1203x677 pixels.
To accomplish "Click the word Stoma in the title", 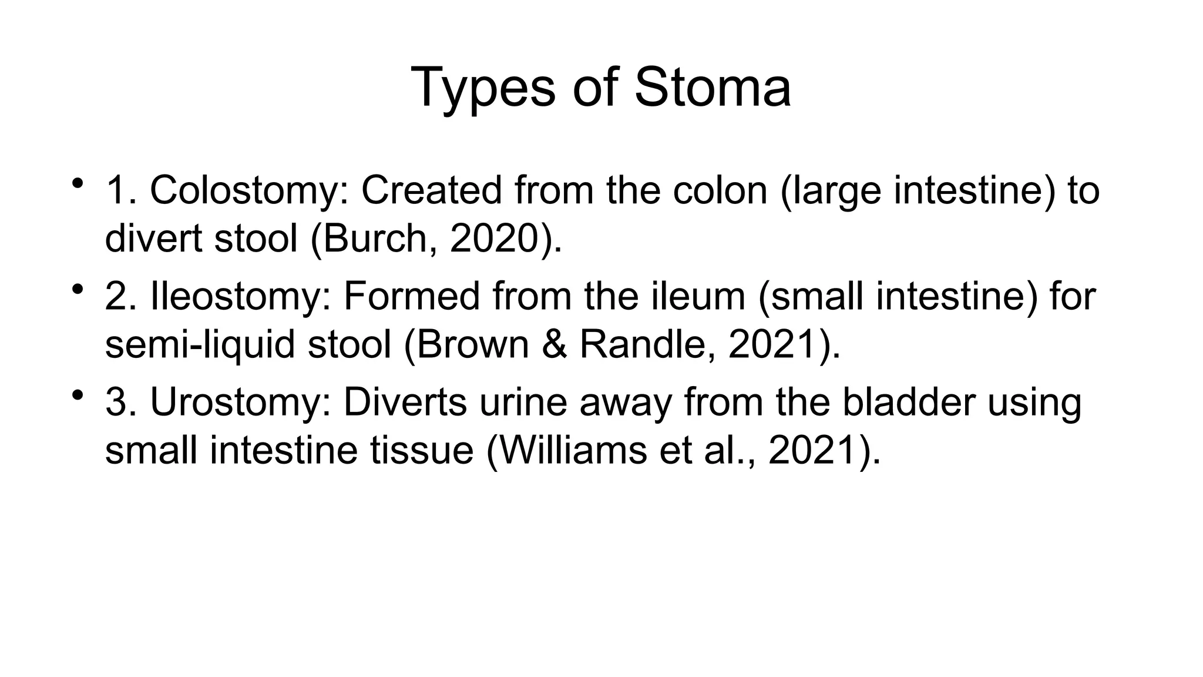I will pos(713,88).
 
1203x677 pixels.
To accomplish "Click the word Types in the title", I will pos(483,88).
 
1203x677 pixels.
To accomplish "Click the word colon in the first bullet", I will pos(720,191).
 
